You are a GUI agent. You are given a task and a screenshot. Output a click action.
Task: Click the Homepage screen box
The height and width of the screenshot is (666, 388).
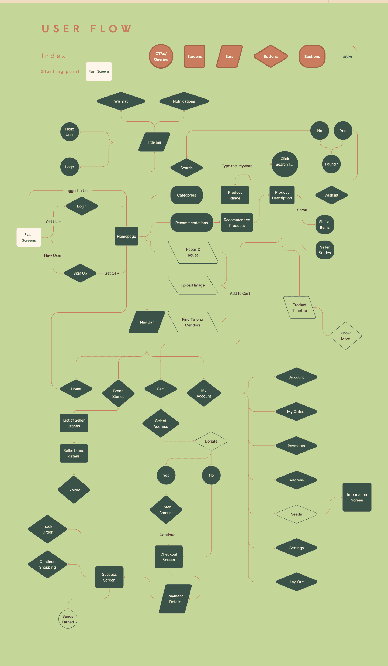[126, 236]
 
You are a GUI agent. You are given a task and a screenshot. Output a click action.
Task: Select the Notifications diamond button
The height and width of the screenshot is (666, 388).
[184, 101]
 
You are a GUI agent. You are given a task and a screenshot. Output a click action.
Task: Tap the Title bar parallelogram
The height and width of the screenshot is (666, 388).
[154, 142]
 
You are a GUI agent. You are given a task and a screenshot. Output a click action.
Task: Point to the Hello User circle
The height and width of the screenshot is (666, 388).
[70, 132]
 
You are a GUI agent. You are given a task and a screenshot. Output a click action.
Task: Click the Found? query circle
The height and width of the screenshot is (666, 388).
[331, 164]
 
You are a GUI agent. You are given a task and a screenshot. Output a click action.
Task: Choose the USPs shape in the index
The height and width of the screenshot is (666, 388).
[347, 57]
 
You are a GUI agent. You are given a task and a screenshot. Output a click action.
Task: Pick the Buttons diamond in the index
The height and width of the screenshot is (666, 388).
[271, 56]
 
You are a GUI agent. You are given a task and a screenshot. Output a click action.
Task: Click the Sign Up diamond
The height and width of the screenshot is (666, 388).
[80, 273]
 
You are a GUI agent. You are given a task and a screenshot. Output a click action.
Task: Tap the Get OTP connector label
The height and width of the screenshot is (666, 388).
[112, 273]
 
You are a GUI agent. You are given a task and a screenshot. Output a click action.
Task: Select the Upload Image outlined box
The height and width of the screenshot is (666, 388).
[193, 285]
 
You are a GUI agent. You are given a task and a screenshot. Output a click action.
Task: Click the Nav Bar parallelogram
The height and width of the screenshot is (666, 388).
[147, 322]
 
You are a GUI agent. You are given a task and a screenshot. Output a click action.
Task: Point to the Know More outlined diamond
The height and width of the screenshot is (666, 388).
[345, 336]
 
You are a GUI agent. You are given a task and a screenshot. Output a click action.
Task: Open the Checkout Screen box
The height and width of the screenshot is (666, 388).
[169, 557]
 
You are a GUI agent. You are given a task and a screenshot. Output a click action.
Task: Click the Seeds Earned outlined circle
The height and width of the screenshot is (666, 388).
[68, 619]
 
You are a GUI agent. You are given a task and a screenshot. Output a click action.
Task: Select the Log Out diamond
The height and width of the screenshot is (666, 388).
[296, 582]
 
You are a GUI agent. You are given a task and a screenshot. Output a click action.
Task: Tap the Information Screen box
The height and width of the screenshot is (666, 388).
[357, 497]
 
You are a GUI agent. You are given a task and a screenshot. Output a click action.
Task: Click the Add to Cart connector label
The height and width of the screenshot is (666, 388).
[240, 293]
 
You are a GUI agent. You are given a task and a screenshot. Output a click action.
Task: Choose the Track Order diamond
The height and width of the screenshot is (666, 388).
[47, 529]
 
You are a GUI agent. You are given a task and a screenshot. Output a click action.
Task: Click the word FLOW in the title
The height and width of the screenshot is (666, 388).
[111, 29]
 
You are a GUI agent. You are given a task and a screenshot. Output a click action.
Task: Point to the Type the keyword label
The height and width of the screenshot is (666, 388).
[237, 166]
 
